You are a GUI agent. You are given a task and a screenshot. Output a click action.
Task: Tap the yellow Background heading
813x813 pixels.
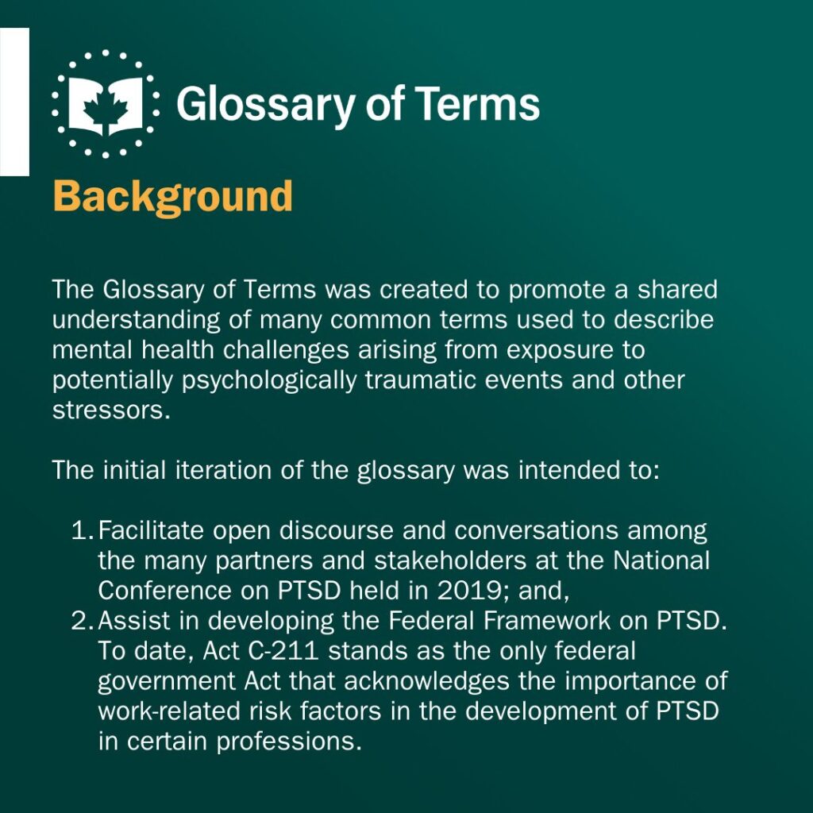172,197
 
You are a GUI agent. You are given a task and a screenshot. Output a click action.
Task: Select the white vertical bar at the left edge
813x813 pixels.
14,102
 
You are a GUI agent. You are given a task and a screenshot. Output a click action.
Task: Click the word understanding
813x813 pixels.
137,321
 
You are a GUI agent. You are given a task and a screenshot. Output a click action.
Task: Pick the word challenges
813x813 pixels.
286,350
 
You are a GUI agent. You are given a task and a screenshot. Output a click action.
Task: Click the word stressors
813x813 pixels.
111,410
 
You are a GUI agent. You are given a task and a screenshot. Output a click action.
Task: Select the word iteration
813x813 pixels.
223,470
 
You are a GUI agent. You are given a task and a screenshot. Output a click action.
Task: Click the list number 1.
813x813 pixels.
83,530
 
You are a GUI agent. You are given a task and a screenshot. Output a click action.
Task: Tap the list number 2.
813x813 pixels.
83,621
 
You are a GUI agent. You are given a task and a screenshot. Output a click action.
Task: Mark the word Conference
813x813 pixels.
165,591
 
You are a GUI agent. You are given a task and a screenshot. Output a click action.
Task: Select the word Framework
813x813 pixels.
547,621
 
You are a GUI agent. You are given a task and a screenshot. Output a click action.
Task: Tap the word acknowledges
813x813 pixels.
426,681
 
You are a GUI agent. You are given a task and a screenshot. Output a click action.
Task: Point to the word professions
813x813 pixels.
289,742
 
